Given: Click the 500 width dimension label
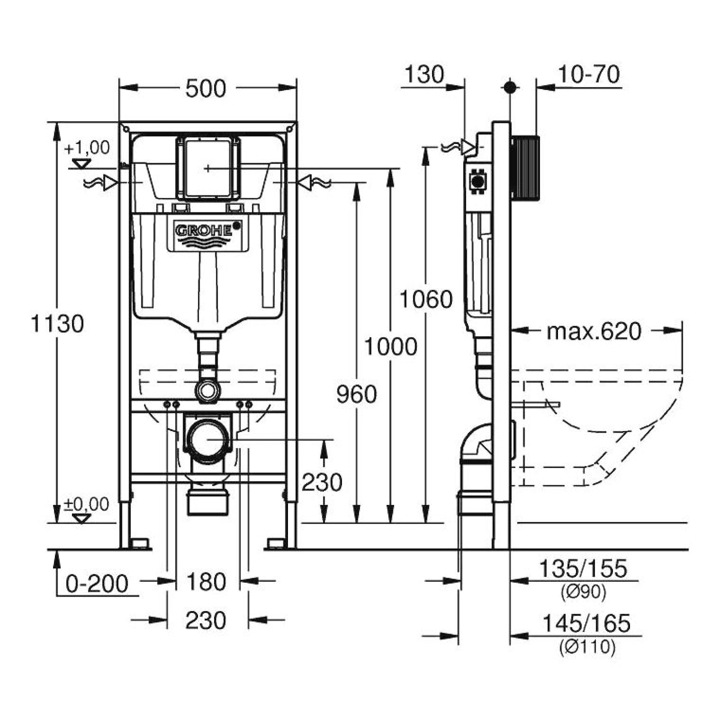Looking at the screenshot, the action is point(206,89).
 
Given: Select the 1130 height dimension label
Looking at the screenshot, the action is point(57,324).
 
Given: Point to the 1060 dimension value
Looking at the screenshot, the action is point(426,299).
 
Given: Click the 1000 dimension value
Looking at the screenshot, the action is point(390,346).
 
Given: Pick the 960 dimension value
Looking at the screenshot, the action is point(356,394).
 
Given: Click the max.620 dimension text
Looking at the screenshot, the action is point(594,331).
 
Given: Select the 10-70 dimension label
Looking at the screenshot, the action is point(589,74).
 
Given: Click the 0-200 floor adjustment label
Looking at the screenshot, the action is point(97,584).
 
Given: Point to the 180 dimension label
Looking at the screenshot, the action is point(206,582).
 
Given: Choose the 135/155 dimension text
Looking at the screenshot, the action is point(582,568).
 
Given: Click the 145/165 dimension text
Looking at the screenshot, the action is point(586,623).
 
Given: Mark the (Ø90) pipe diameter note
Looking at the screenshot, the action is point(584,592).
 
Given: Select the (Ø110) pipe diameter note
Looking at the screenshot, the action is point(587,647).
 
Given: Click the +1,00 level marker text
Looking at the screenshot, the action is point(87,148).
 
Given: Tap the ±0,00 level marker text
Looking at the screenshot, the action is point(86,504).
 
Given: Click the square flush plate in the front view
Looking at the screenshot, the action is point(207,168).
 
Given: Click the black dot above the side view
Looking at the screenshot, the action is point(510,87).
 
